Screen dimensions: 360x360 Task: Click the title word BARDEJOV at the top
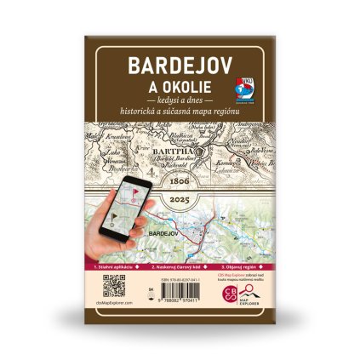click(180, 66)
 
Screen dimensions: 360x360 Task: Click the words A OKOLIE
click(180, 88)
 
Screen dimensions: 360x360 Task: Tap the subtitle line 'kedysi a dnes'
click(180, 102)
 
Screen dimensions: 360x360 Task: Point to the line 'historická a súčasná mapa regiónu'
click(180, 112)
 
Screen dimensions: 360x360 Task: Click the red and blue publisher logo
click(243, 89)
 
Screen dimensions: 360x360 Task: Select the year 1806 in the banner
click(180, 182)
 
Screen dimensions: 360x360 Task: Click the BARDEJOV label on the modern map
click(162, 231)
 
